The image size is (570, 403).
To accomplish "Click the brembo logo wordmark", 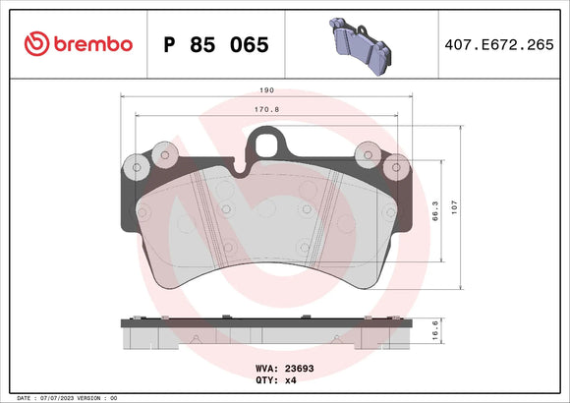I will (91, 44).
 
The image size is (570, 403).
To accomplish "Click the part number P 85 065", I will (214, 45).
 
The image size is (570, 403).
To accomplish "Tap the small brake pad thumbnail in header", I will (359, 44).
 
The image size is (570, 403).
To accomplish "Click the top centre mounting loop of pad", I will (266, 145).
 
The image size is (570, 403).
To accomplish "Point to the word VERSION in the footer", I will (90, 397).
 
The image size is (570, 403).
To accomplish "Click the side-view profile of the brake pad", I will (267, 334).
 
